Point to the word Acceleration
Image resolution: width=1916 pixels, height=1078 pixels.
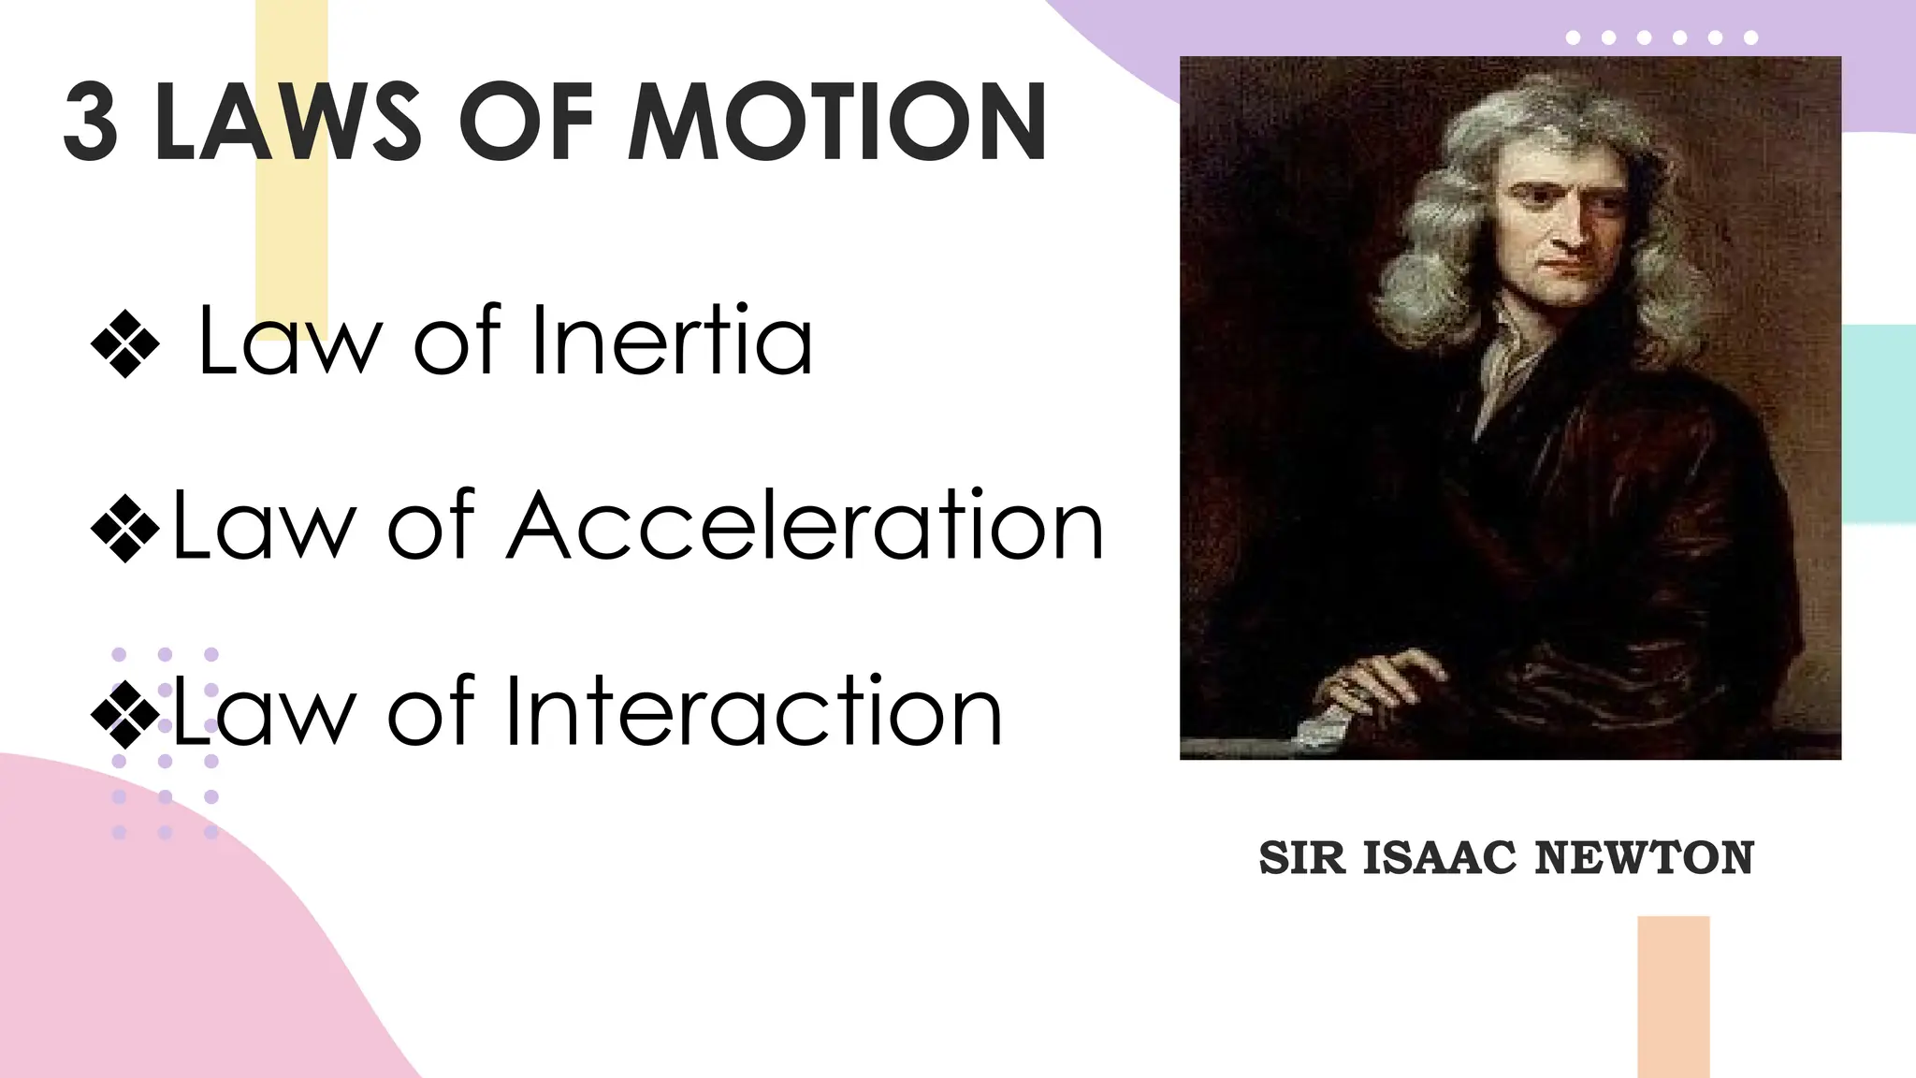pos(806,527)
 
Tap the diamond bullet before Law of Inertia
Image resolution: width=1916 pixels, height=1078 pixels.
pos(125,344)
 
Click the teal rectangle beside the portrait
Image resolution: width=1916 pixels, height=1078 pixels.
pos(1879,421)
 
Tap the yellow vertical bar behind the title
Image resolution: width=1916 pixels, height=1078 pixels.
pos(292,234)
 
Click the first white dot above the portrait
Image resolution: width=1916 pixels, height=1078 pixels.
pos(1573,37)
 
